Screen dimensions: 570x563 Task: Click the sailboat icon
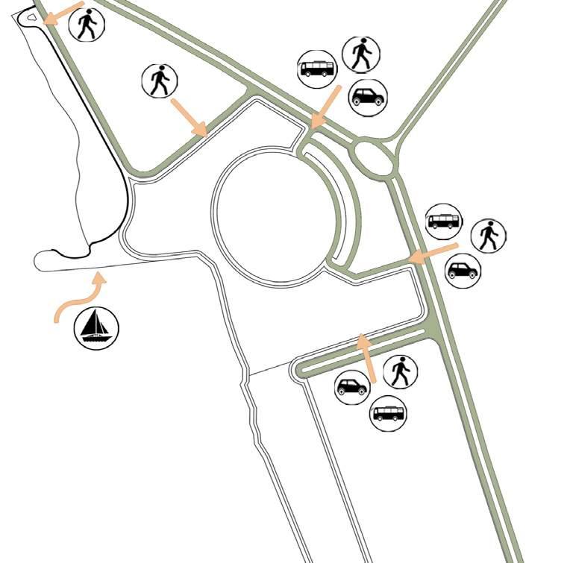point(96,327)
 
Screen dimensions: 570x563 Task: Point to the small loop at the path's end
point(28,19)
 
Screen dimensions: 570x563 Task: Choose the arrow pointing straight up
point(366,359)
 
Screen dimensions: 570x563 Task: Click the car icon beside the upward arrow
point(352,388)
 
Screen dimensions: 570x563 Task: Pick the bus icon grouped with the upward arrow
point(388,413)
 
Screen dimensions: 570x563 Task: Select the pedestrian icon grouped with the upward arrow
point(401,371)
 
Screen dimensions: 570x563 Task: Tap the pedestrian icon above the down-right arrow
point(160,80)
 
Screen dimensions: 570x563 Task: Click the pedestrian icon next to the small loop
point(87,24)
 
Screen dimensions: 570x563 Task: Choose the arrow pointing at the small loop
point(63,13)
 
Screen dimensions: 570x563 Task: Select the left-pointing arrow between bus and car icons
point(433,252)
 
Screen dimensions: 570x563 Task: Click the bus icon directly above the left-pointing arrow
point(443,221)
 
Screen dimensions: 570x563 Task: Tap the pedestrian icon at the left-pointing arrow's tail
point(489,236)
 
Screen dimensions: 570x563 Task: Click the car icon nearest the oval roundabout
point(368,97)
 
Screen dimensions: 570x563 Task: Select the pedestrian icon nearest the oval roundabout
point(362,54)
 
